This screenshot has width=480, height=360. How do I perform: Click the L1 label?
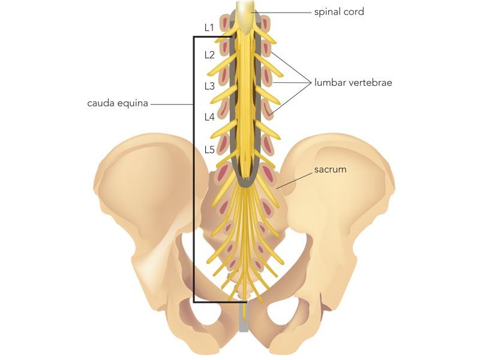(209, 28)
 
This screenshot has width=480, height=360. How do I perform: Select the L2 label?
(209, 55)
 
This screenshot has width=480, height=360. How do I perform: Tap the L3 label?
(209, 86)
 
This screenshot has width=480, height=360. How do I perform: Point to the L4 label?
(209, 116)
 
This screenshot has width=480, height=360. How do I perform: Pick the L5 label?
(209, 149)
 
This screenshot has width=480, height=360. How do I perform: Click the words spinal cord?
(339, 12)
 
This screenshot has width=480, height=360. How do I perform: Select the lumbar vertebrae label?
(353, 82)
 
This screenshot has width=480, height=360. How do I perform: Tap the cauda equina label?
(118, 103)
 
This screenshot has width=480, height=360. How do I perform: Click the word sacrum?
(331, 169)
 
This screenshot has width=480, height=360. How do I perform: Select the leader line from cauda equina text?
(172, 104)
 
